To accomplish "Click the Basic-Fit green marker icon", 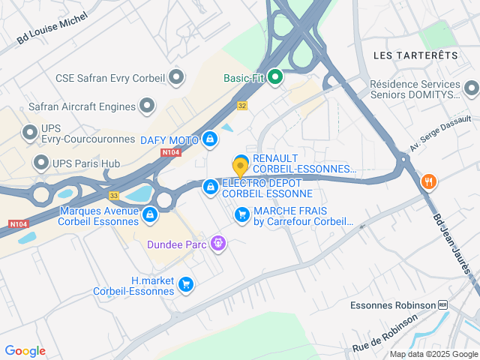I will point(275,76).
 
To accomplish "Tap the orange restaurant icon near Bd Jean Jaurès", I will point(428,181).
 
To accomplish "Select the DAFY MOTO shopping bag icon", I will point(211,139).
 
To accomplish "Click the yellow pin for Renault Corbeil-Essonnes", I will point(241,165).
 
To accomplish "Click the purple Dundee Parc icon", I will point(218,243).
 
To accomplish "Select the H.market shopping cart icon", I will point(187,285).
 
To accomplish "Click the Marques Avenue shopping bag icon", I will point(150,215).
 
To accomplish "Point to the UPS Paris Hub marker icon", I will point(40,163).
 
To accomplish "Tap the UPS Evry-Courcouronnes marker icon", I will point(30,133).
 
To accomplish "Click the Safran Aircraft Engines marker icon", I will point(147,106).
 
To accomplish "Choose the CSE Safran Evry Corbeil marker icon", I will point(176,76).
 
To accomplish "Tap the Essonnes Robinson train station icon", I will point(443,305).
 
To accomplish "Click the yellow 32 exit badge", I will point(241,106).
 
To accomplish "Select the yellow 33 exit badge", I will point(114,195).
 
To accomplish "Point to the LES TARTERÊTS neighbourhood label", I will point(415,55).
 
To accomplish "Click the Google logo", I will point(25,351).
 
